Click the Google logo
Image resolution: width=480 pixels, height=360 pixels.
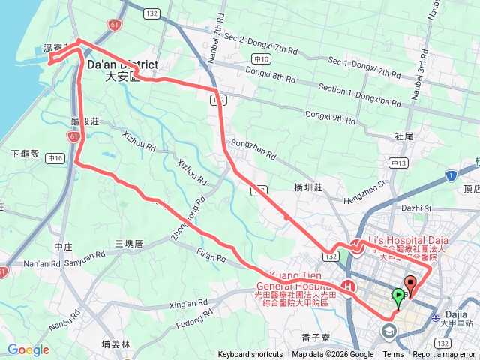pos(28,349)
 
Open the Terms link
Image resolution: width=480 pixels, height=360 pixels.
pos(393,355)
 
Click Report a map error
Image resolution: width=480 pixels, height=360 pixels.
pos(444,355)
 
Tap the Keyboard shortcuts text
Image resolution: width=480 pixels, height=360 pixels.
pos(250,355)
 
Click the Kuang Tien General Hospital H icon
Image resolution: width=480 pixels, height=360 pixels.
pos(347,286)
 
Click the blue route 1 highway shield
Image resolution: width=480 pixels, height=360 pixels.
pos(451,175)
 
